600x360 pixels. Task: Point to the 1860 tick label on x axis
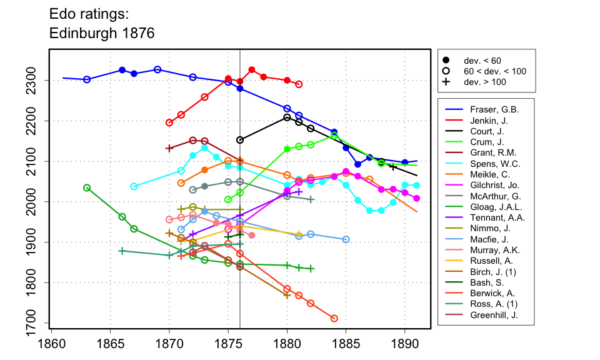click(x=52, y=344)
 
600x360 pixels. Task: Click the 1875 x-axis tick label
click(x=229, y=344)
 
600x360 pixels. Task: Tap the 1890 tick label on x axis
click(x=405, y=344)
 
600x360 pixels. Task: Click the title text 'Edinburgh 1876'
click(x=102, y=33)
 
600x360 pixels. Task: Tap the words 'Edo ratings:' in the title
click(x=89, y=14)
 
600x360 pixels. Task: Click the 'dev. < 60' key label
click(x=482, y=61)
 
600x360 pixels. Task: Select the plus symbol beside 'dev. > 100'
click(x=446, y=82)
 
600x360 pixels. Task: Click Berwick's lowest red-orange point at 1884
click(x=334, y=318)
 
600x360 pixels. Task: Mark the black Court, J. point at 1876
click(x=240, y=140)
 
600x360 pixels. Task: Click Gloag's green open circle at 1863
click(x=87, y=188)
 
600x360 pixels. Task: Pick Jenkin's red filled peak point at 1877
click(x=252, y=69)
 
